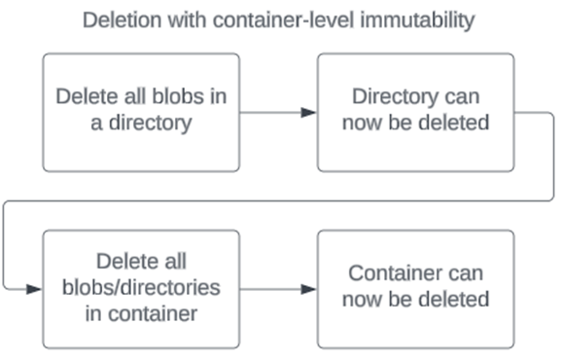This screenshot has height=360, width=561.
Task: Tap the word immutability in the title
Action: (418, 20)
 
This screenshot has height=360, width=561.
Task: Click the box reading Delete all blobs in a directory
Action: (142, 112)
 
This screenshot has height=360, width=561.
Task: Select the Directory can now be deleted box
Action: (416, 112)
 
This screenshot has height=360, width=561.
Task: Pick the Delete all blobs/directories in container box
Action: (142, 289)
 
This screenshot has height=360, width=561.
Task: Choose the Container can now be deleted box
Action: (416, 289)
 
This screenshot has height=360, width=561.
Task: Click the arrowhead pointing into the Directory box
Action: (309, 113)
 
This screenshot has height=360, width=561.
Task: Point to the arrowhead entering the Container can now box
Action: (309, 290)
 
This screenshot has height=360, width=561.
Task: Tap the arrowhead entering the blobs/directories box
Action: (35, 290)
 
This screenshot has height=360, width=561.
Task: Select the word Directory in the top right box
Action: (392, 99)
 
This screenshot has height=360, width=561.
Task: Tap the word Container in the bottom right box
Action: (393, 275)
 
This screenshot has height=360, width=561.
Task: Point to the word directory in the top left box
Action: (154, 125)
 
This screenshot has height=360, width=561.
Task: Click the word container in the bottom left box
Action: (157, 313)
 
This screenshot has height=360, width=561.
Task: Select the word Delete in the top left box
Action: (87, 99)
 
